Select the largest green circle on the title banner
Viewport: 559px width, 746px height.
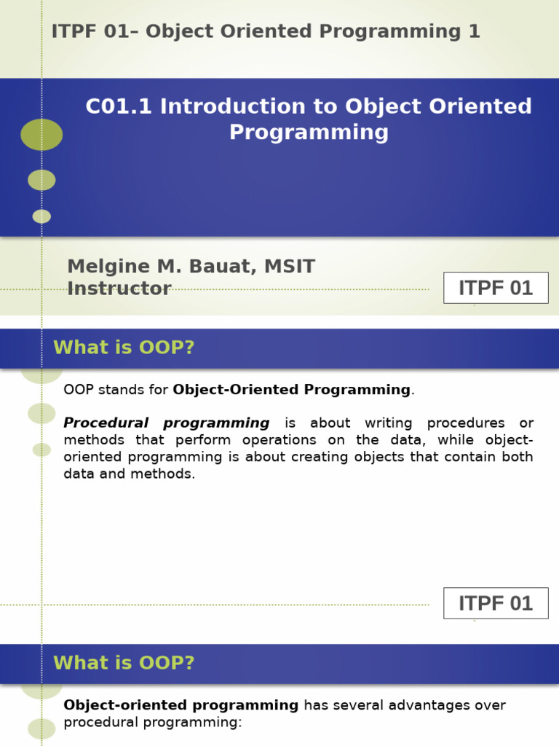(x=41, y=135)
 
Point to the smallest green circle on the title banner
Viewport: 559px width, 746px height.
(x=41, y=216)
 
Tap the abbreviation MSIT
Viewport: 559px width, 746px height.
(x=290, y=267)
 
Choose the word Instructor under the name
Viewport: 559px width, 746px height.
(x=119, y=288)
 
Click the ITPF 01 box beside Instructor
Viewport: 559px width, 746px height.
(x=495, y=288)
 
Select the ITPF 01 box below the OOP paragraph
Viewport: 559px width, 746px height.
(x=495, y=603)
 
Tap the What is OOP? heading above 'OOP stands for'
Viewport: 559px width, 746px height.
(x=124, y=348)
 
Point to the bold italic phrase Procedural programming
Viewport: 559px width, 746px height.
(x=167, y=423)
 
